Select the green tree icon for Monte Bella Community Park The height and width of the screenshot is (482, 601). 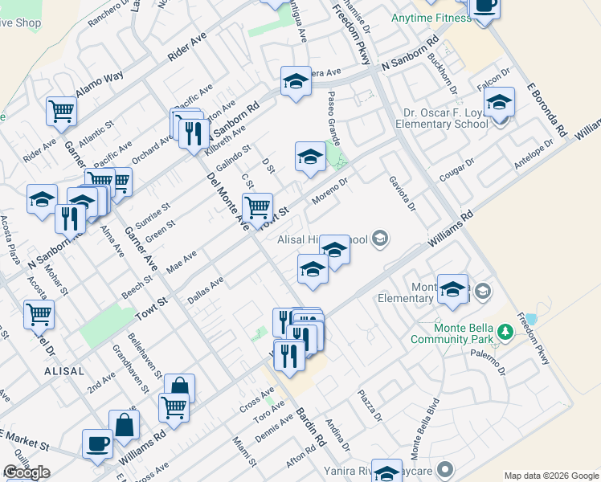coord(505,331)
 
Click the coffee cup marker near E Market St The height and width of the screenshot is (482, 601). coord(98,443)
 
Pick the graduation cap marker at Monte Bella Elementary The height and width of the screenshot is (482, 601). coord(453,290)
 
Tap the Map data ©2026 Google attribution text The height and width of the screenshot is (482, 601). coord(551,476)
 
